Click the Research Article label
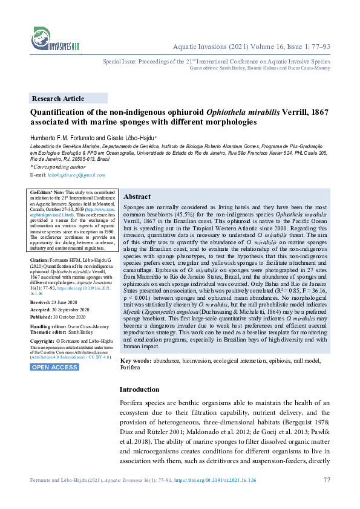[58, 99]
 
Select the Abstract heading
[137, 197]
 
